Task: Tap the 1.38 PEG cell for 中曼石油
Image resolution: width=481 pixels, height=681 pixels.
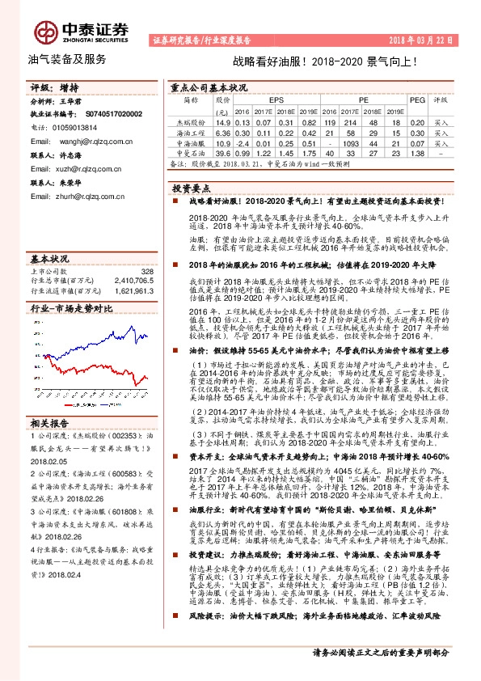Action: coord(417,152)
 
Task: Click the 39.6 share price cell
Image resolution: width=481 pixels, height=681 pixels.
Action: coord(222,152)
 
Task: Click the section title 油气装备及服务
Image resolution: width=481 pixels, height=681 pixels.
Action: coord(67,59)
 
